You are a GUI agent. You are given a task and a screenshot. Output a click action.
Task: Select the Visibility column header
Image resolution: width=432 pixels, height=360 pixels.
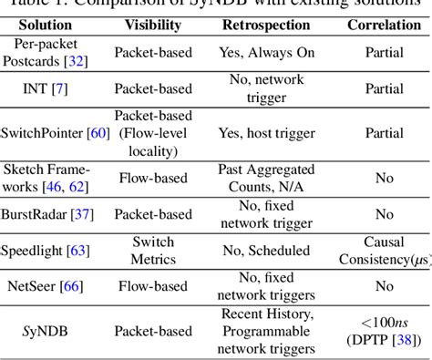(153, 25)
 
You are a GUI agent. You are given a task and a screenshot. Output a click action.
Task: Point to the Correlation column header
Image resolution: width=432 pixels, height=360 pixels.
(384, 25)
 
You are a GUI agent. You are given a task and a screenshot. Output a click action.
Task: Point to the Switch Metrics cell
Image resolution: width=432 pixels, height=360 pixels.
(153, 252)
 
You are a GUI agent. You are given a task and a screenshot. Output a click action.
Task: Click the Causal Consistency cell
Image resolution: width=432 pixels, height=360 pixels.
(384, 252)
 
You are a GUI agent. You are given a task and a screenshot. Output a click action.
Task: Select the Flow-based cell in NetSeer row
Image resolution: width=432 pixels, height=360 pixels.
(153, 287)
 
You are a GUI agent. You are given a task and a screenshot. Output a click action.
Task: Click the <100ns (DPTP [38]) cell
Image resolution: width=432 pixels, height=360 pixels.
(384, 331)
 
